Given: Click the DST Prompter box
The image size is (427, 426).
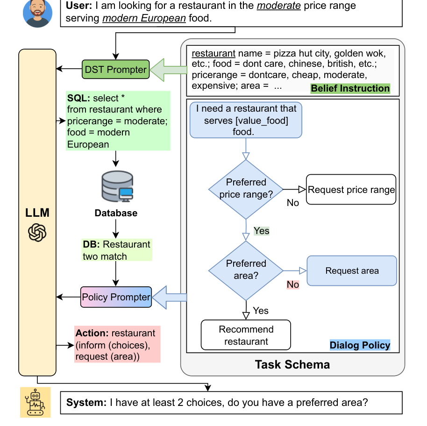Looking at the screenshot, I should (x=115, y=70).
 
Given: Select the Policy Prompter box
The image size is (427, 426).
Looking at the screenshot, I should (x=116, y=297).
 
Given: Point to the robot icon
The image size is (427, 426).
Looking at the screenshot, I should (x=36, y=402).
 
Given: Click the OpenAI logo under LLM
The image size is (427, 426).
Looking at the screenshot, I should (x=37, y=232).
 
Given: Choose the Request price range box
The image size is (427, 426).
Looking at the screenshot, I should (x=351, y=190).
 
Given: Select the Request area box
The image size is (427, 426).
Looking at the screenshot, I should (x=352, y=271).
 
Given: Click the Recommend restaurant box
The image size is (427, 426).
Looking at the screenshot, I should (x=246, y=335).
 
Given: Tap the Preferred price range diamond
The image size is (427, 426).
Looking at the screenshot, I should (x=246, y=189).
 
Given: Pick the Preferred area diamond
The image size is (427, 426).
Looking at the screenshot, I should (x=246, y=270).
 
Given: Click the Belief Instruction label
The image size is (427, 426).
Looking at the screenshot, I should (x=350, y=88).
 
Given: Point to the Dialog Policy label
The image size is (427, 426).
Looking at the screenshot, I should (x=360, y=345).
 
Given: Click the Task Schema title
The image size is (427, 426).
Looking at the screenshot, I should (x=292, y=364).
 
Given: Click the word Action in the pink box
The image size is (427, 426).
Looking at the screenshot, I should (x=92, y=333).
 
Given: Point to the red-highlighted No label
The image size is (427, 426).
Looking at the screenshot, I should (x=293, y=284).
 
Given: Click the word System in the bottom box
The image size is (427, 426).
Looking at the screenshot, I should (x=85, y=402).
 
